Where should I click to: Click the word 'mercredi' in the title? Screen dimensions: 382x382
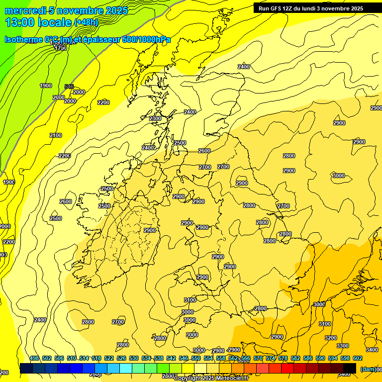25,10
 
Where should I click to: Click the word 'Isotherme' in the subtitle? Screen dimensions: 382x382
23,39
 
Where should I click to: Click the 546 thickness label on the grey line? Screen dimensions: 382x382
69,87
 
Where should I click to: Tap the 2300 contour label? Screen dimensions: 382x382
155,118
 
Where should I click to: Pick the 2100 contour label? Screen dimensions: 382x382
56,135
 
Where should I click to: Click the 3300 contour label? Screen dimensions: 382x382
343,345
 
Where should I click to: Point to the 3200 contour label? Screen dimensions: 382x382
331,338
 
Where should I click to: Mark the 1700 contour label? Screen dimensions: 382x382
61,48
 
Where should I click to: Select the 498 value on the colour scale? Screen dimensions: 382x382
34,358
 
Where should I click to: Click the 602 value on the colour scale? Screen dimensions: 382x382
358,358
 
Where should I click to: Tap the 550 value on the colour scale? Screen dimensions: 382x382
196,358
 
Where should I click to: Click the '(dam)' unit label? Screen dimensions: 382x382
369,369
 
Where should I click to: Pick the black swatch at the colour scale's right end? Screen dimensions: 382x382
350,368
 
